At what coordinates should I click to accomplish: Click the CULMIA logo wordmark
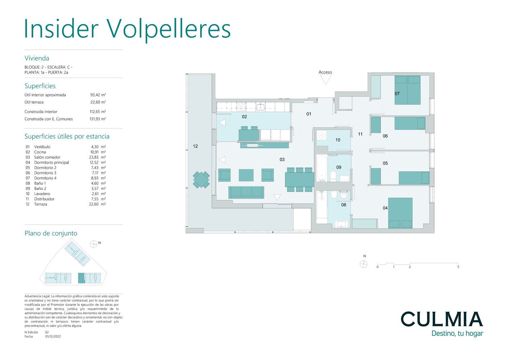pyautogui.click(x=441, y=319)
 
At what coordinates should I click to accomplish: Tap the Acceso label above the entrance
pyautogui.click(x=325, y=72)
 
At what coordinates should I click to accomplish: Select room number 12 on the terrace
pyautogui.click(x=195, y=146)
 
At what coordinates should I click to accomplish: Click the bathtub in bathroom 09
pyautogui.click(x=321, y=168)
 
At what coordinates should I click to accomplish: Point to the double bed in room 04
pyautogui.click(x=400, y=213)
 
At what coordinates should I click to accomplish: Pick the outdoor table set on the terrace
pyautogui.click(x=201, y=179)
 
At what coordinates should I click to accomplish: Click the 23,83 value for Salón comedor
pyautogui.click(x=93, y=157)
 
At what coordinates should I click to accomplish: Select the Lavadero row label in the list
pyautogui.click(x=42, y=194)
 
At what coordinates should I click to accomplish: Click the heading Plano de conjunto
pyautogui.click(x=51, y=233)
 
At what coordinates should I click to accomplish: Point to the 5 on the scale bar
pyautogui.click(x=458, y=267)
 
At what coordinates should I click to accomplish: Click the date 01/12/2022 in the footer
pyautogui.click(x=53, y=337)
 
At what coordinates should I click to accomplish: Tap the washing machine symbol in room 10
pyautogui.click(x=321, y=135)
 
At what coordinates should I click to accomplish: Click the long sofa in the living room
pyautogui.click(x=246, y=192)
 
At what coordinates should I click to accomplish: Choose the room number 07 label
pyautogui.click(x=397, y=94)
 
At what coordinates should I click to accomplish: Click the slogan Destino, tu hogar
pyautogui.click(x=457, y=334)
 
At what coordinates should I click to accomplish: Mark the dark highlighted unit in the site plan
pyautogui.click(x=81, y=278)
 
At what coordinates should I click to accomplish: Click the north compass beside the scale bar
pyautogui.click(x=363, y=264)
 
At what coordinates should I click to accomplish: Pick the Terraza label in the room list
pyautogui.click(x=41, y=204)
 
